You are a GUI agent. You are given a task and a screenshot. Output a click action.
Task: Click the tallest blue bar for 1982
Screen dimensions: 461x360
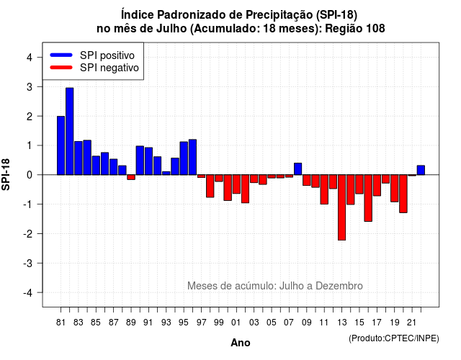[70, 131]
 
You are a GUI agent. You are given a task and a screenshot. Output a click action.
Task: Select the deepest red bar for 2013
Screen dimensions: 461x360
[341, 207]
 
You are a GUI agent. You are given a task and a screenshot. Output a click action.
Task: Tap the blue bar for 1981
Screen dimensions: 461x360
[61, 145]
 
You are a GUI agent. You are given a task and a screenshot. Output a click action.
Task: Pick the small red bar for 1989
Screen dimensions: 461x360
[131, 177]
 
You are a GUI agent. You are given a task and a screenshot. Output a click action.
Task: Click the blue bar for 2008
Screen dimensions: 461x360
[297, 169]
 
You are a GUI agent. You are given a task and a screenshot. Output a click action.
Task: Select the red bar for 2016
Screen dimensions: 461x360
[368, 198]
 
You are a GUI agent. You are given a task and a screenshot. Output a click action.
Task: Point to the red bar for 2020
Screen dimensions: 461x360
[403, 194]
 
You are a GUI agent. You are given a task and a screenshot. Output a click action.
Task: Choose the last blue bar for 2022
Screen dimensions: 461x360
[421, 170]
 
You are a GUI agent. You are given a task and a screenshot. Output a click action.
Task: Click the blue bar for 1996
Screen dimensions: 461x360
[192, 157]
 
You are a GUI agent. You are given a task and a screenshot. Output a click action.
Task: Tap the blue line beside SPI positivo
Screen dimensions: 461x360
[61, 55]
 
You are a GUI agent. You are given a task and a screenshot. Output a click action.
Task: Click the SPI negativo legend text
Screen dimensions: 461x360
[109, 68]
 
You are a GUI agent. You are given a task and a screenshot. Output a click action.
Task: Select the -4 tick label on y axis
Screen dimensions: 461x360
[28, 293]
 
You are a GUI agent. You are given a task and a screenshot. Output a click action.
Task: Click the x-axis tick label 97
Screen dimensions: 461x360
[202, 323]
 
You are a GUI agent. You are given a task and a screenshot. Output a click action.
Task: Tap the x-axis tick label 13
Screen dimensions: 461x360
[341, 323]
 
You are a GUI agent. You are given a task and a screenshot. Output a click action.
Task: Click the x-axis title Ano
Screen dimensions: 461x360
[241, 343]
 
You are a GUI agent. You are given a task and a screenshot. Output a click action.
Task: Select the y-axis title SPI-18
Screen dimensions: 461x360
[6, 174]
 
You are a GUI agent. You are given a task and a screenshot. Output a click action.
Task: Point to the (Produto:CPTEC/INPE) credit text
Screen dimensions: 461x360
[394, 338]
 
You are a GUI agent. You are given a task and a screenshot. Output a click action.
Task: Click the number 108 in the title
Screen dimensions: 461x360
[376, 29]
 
